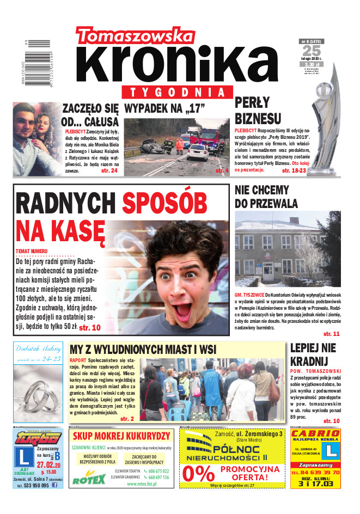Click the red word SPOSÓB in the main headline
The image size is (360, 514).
pos(164,204)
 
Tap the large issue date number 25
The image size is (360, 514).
pos(311,51)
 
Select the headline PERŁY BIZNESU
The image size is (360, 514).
pos(258,111)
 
